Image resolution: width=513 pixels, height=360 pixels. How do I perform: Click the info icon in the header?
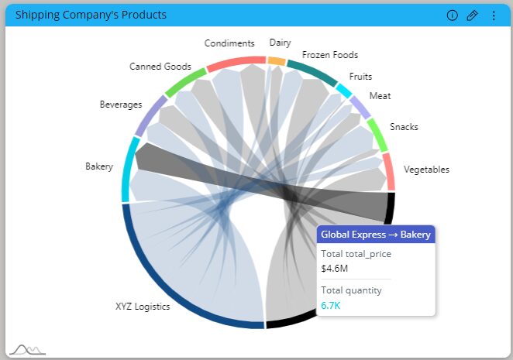point(453,15)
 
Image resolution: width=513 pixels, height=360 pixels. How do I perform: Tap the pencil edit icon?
point(472,15)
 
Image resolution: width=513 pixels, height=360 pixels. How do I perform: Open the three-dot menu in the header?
point(494,15)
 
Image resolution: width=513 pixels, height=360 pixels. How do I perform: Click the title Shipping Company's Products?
point(91,15)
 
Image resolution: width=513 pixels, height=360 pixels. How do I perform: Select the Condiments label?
point(229,43)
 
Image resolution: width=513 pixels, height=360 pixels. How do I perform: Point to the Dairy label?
point(280,43)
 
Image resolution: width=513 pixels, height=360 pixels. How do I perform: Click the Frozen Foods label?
point(330,55)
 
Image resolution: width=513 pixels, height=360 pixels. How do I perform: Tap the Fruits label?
point(360,77)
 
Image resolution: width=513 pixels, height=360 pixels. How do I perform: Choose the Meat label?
point(380,96)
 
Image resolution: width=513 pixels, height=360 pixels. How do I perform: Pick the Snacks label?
point(404,126)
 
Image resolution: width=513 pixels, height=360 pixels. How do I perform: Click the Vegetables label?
point(426,170)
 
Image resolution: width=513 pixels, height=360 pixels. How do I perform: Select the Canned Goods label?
point(160,67)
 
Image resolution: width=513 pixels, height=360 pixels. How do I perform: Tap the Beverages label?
point(121,105)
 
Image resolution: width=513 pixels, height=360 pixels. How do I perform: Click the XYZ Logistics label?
point(143,307)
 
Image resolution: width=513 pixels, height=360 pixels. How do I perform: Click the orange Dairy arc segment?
point(277,60)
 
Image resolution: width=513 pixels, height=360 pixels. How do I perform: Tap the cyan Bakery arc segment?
point(129,170)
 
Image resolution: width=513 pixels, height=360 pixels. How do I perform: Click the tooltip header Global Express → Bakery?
point(376,235)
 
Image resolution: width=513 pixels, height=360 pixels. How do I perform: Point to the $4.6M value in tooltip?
point(335,269)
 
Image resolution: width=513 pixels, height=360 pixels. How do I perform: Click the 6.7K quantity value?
point(330,306)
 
